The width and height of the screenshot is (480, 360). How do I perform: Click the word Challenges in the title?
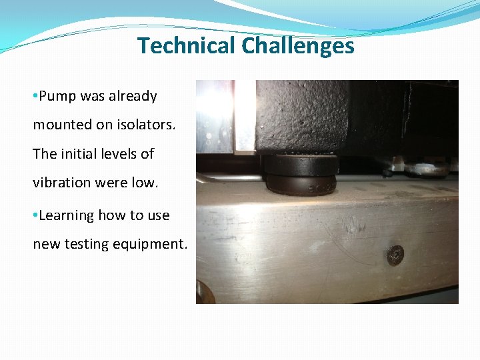click(x=298, y=45)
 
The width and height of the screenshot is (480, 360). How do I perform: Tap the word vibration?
click(x=61, y=182)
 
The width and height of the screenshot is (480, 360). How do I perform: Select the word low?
click(x=145, y=182)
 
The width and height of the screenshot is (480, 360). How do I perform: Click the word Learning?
click(x=67, y=215)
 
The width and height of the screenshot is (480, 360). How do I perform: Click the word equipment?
click(x=154, y=244)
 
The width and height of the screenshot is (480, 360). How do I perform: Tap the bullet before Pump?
click(x=35, y=97)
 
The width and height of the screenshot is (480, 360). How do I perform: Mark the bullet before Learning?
click(x=35, y=216)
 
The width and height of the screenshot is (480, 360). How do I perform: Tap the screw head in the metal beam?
click(x=395, y=253)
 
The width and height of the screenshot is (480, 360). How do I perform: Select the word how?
click(x=112, y=215)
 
